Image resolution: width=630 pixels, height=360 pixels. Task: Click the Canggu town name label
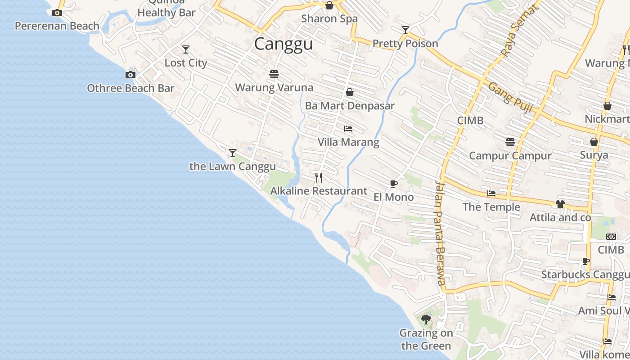pos(283,44)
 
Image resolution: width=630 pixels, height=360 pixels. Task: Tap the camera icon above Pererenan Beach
pos(57,13)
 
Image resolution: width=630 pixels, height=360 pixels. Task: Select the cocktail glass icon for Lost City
pos(185,49)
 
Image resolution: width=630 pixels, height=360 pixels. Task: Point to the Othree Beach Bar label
pos(130,88)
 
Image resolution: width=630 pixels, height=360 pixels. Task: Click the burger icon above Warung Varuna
pos(274,74)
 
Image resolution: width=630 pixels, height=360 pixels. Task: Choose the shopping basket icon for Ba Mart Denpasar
pos(349,92)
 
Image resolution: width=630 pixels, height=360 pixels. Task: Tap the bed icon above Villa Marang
pos(348,129)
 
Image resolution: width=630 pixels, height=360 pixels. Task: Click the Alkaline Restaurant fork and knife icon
pos(319,177)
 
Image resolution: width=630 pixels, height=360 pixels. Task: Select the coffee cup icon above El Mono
pos(393,184)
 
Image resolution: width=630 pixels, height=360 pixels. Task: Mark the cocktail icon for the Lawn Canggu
pos(232,153)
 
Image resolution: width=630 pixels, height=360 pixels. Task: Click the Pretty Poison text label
pos(405,44)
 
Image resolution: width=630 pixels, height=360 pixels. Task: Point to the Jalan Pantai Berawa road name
pos(440,233)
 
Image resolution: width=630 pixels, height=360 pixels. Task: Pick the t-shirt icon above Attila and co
pos(560,204)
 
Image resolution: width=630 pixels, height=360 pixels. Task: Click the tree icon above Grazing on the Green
pos(426,319)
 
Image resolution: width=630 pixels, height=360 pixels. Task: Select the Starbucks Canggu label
pos(585,274)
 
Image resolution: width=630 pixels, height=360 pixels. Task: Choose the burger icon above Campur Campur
pos(510,142)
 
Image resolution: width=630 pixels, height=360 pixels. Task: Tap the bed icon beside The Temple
pos(491,193)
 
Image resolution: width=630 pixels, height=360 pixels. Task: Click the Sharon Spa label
pos(329,19)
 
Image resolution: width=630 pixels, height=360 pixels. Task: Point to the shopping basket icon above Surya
pos(594,142)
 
